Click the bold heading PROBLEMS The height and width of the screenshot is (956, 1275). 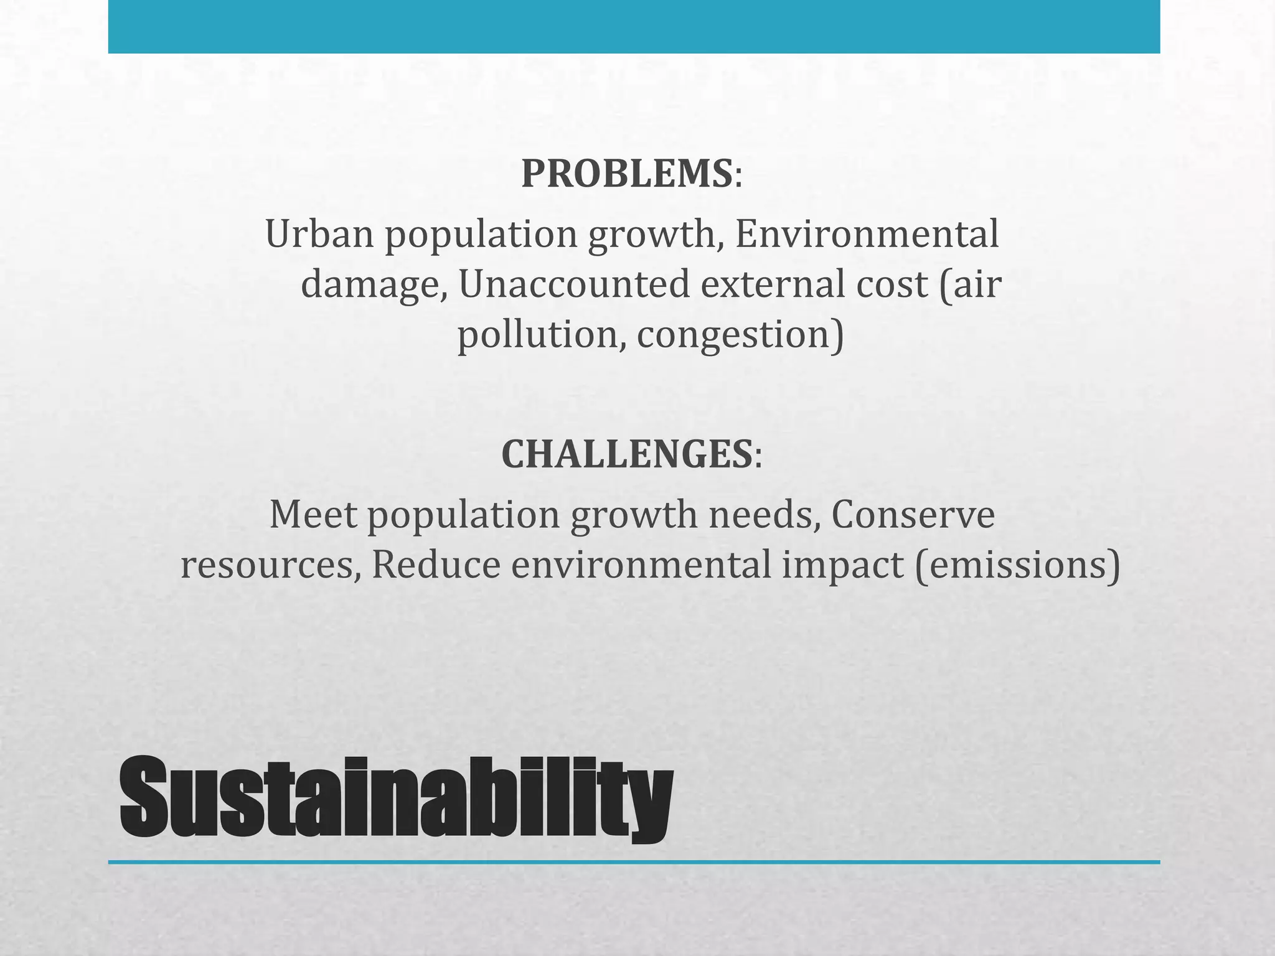coord(626,174)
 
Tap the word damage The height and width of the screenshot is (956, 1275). coord(374,286)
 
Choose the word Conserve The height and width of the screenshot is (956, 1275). coord(913,515)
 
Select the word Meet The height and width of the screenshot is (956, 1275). coord(313,515)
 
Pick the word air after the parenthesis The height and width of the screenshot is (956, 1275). coord(977,284)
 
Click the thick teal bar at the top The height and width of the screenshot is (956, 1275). coord(634,26)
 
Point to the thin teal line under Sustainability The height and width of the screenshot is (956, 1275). coord(634,862)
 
